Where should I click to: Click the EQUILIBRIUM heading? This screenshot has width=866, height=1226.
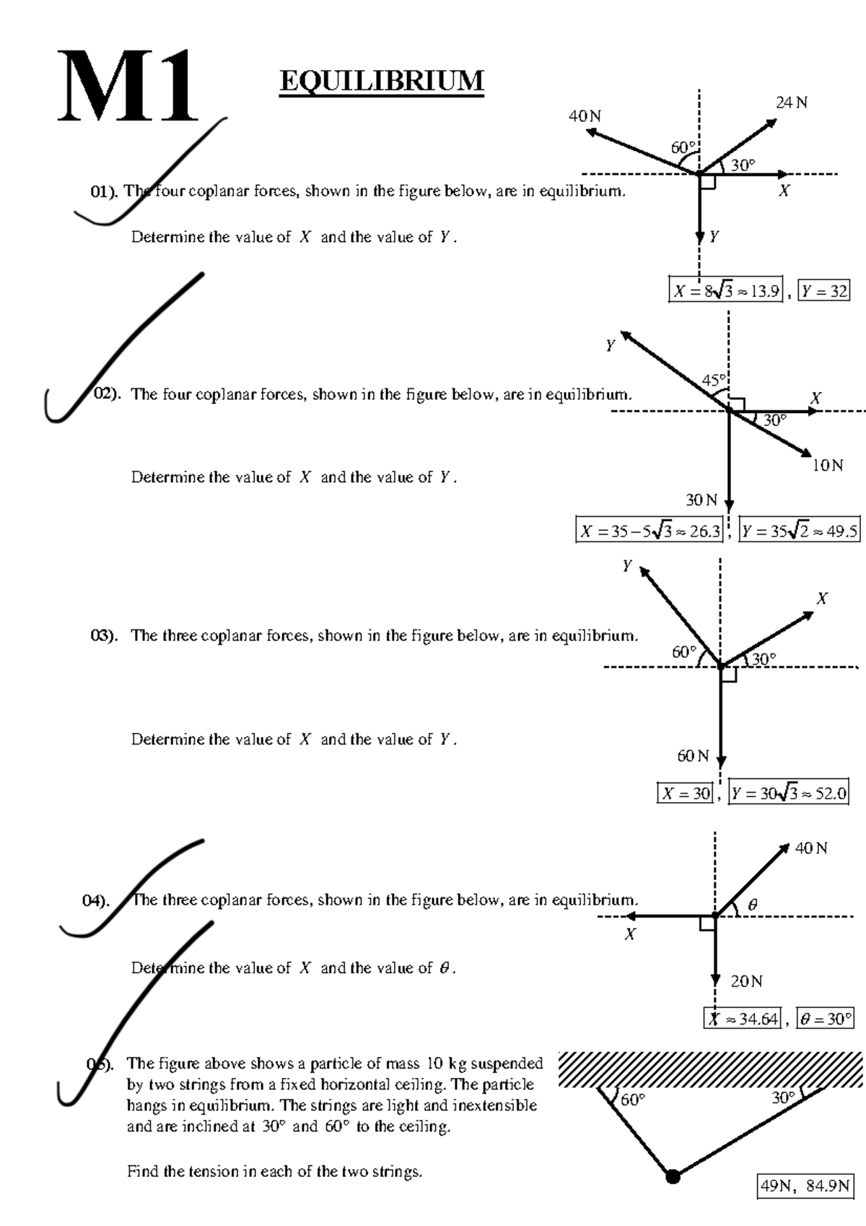coord(381,81)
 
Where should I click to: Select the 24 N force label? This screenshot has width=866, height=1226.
coord(792,103)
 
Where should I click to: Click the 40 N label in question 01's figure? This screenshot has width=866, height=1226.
coord(585,116)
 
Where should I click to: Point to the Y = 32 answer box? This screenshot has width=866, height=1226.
coord(824,291)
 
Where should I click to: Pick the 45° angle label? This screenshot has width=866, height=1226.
coord(714,380)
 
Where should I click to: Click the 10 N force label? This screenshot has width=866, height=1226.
coord(827,465)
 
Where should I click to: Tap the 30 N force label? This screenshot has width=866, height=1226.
coord(701,500)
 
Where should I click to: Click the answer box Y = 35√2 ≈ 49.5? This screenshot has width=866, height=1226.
coord(800,530)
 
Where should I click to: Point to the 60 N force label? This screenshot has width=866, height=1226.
coord(693,756)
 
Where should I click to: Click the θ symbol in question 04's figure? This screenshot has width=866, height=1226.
coord(753,905)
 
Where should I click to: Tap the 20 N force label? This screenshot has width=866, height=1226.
coord(746,981)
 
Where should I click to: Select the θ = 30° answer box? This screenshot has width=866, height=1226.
coord(825,1019)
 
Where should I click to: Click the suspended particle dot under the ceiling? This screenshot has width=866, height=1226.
coord(673,1175)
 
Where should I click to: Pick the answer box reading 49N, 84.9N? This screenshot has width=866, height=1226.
coord(805,1186)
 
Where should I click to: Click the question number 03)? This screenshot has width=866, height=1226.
coord(104,636)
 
